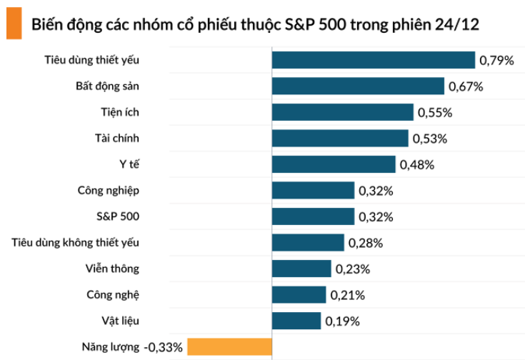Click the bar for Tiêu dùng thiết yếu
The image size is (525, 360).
click(x=373, y=60)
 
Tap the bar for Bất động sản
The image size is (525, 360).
click(x=358, y=86)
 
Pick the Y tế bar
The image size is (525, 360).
click(x=334, y=164)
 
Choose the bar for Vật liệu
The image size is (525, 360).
click(x=296, y=321)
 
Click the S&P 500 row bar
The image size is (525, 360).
click(x=313, y=216)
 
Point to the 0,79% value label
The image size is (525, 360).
click(x=496, y=61)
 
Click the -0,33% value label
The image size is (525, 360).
click(x=164, y=348)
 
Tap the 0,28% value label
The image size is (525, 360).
click(x=366, y=243)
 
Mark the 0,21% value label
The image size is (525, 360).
click(x=348, y=295)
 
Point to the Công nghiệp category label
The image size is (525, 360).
click(x=108, y=190)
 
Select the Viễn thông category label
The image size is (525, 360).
click(x=111, y=269)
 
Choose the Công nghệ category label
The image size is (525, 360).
click(x=113, y=294)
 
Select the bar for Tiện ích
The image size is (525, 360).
click(x=342, y=112)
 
